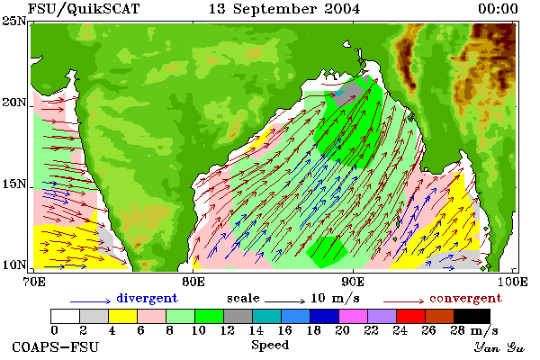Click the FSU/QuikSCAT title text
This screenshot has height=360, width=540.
(x=84, y=9)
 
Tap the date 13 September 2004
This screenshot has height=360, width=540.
(x=284, y=9)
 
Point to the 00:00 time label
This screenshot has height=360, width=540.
(x=498, y=9)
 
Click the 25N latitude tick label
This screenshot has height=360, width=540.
(x=14, y=21)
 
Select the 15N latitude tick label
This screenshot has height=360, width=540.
(x=14, y=184)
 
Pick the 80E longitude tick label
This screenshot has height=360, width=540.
(x=193, y=282)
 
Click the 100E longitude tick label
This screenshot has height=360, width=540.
(x=512, y=282)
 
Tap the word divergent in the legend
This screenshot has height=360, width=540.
(x=147, y=298)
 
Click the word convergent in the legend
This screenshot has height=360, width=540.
(x=466, y=298)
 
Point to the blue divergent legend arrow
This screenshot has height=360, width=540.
(x=91, y=301)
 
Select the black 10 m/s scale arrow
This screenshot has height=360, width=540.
(x=284, y=301)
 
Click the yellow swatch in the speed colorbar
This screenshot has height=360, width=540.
(x=122, y=316)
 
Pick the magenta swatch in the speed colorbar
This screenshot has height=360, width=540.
(x=354, y=316)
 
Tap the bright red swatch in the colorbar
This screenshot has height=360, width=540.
(x=411, y=316)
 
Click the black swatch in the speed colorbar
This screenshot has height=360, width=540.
(x=472, y=316)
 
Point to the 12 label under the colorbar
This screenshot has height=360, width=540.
(x=228, y=330)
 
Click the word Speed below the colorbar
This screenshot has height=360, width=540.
(x=270, y=346)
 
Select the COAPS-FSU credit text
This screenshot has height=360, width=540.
(x=56, y=346)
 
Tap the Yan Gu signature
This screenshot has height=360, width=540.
(x=499, y=347)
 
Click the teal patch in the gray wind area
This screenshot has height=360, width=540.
(x=339, y=93)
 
